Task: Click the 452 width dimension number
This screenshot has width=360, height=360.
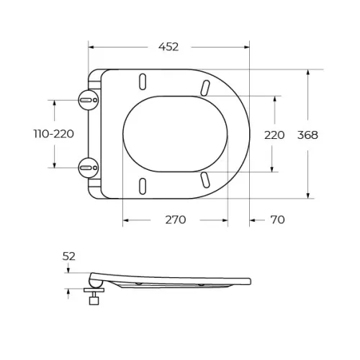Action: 168,47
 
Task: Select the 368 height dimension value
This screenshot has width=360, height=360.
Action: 307,135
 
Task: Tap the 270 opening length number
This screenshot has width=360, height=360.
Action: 176,220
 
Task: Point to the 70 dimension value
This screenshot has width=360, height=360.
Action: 277,220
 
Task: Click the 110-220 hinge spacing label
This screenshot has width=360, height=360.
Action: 54,134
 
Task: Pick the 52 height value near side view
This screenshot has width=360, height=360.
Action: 69,256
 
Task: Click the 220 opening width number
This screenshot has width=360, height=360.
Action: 274,135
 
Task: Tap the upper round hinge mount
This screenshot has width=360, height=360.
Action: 89,100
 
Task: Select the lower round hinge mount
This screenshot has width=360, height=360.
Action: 89,168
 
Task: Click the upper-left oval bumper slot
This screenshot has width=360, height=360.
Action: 143,81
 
